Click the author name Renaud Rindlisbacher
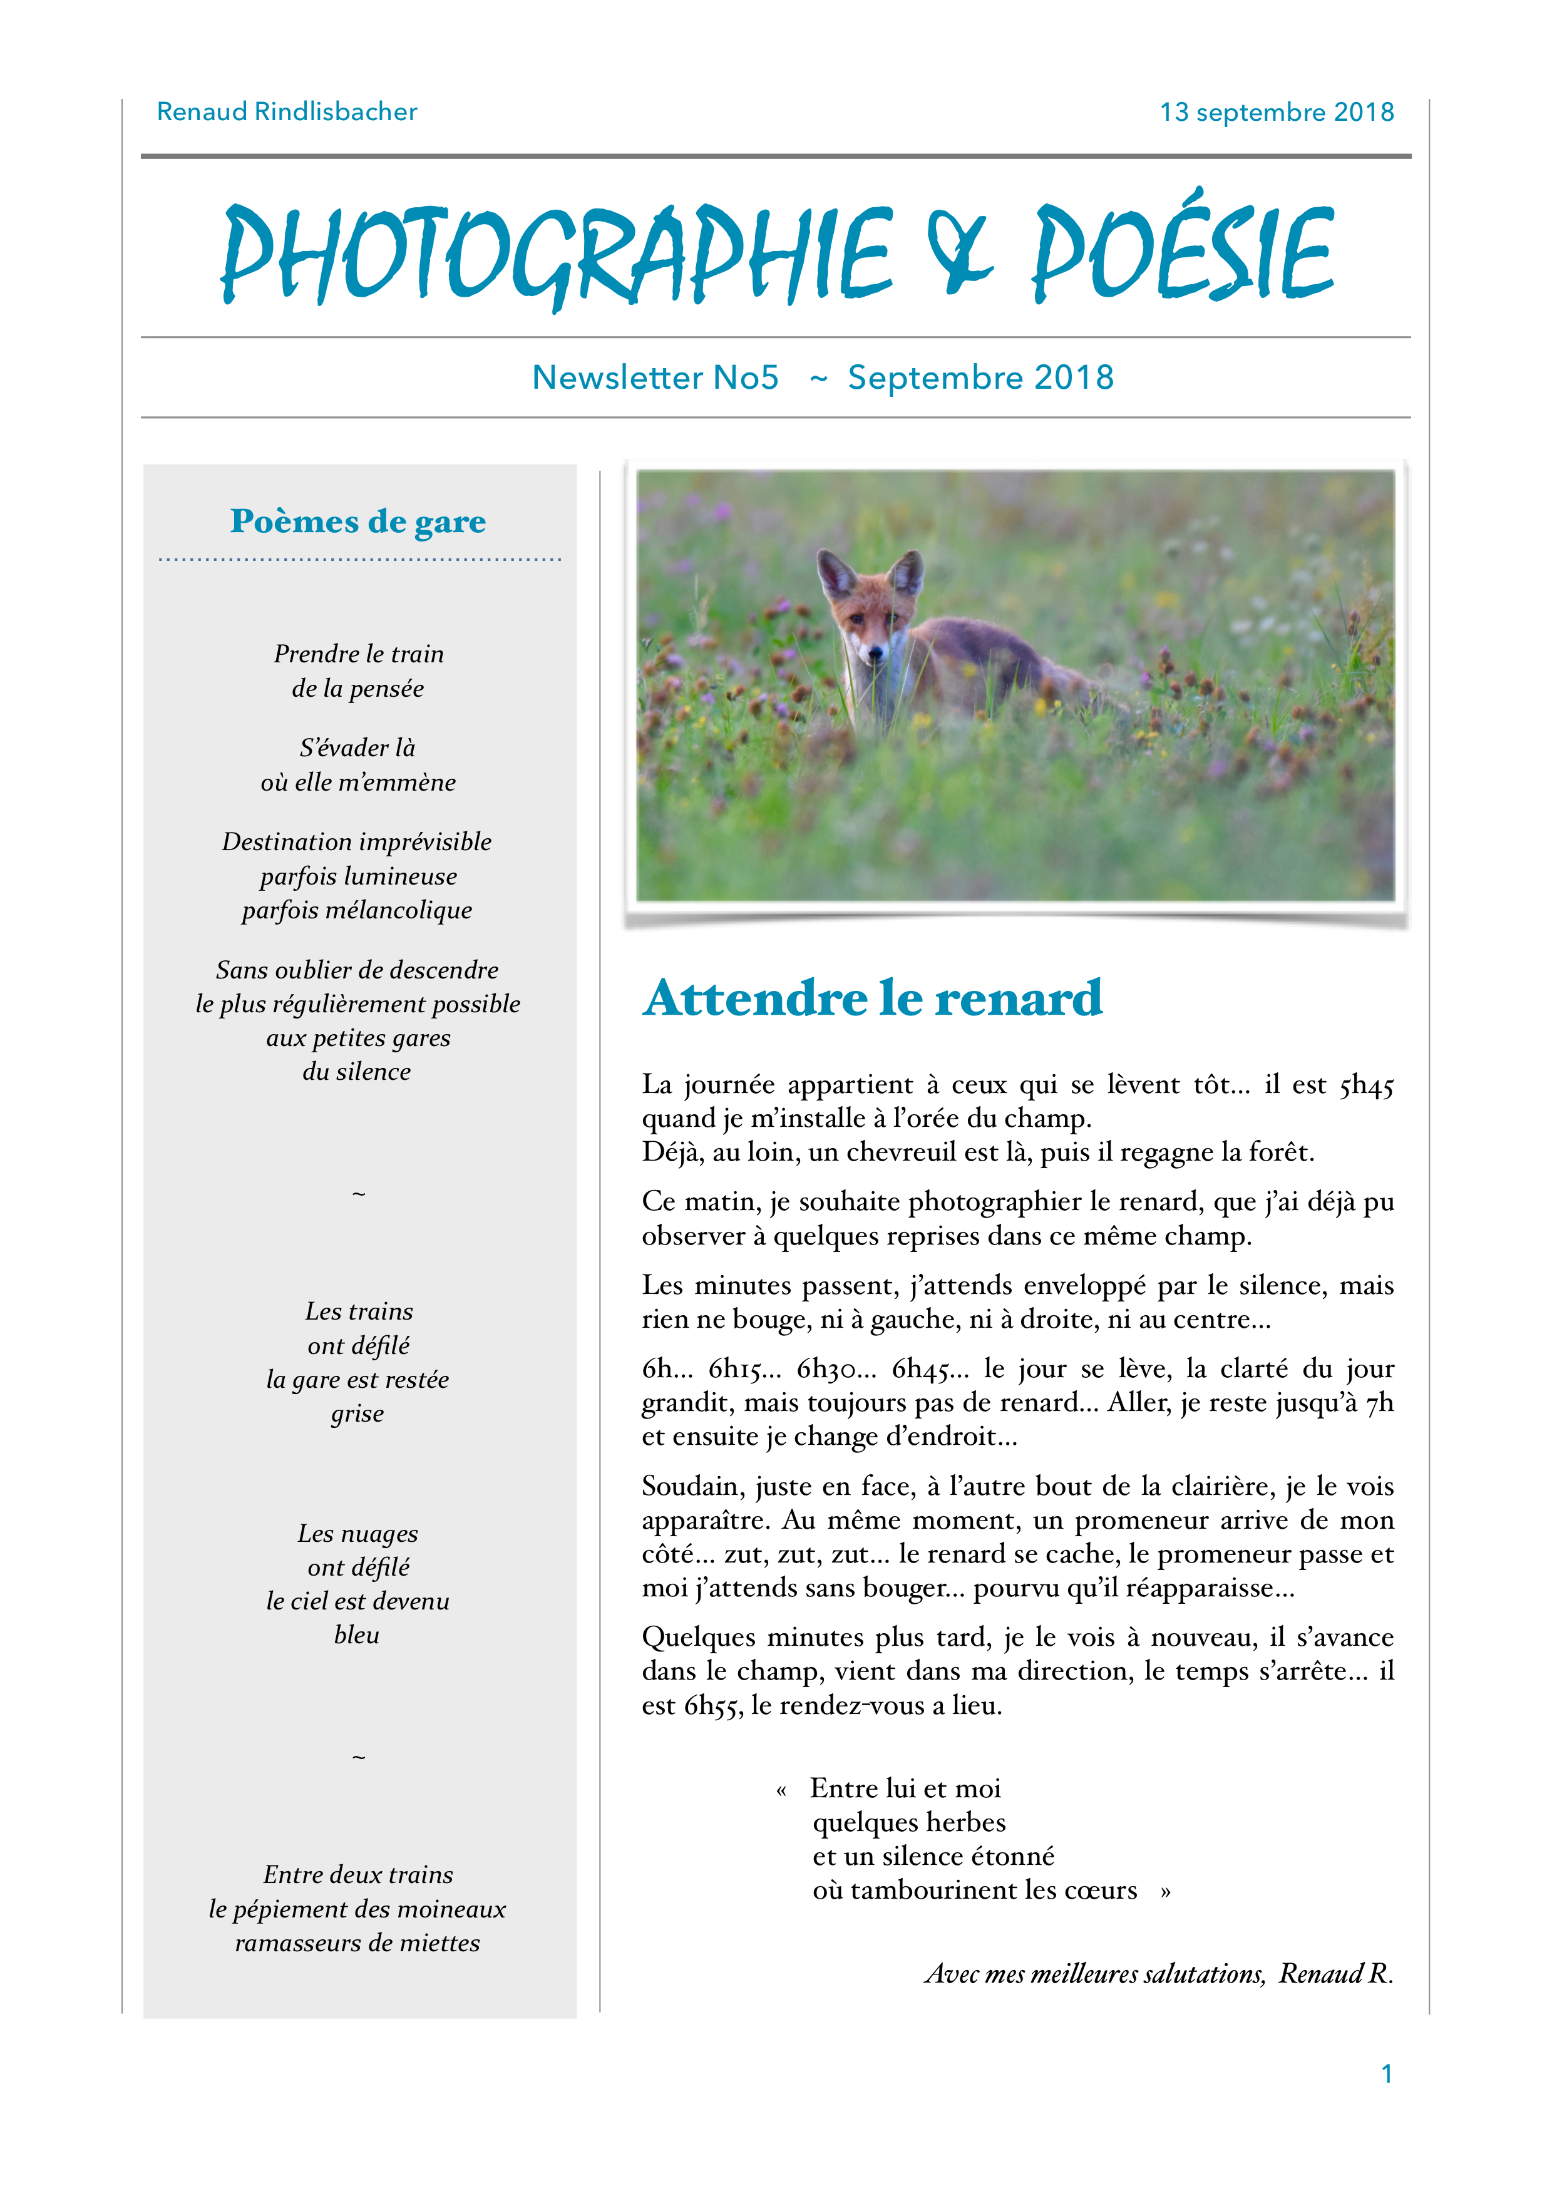(287, 112)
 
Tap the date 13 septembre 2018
(1276, 113)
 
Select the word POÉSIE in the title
(1182, 250)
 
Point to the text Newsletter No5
(655, 378)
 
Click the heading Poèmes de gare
(357, 521)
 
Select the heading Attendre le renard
(872, 998)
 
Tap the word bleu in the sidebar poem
(357, 1636)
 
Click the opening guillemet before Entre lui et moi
(781, 1790)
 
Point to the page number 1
(1385, 2073)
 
